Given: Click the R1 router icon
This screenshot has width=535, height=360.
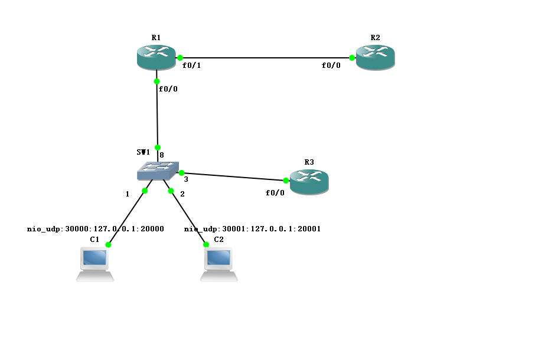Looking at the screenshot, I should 156,58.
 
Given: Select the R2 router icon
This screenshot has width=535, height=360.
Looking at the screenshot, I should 375,58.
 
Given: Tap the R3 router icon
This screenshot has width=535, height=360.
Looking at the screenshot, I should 309,181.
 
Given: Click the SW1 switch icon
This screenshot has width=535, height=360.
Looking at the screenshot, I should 157,171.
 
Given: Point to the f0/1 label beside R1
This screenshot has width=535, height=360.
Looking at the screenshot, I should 192,66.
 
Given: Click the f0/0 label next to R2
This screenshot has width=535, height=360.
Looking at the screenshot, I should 331,66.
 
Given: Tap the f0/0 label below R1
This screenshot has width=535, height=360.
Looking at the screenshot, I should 168,89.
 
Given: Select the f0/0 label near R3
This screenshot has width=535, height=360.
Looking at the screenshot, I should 275,193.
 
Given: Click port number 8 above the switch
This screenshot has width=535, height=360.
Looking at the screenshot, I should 162,155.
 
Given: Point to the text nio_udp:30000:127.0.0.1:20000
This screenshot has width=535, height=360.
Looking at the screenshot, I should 95,228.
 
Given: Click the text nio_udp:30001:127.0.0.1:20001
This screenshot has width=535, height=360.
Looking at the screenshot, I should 252,228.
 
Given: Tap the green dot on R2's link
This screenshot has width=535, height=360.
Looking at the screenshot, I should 352,58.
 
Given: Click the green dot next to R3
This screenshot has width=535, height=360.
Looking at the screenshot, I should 286,181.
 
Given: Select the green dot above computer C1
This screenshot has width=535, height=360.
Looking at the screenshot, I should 109,244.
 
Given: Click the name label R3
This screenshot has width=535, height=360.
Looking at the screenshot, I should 309,162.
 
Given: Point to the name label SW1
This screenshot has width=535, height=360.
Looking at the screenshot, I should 143,152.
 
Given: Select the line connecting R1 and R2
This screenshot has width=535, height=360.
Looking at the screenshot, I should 266,58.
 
